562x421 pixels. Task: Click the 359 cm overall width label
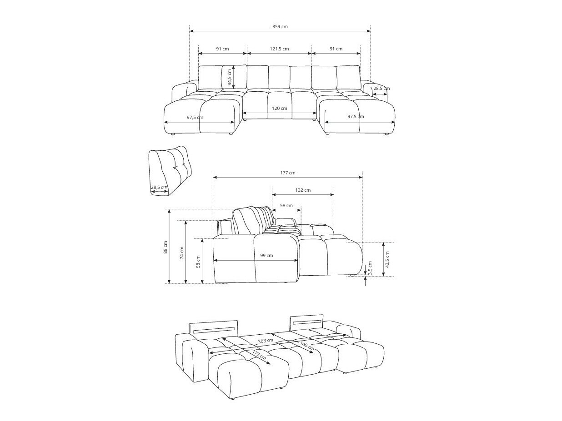(280, 27)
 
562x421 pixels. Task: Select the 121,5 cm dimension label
(279, 49)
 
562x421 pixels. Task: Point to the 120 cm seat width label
(279, 109)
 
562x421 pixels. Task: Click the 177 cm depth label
(287, 173)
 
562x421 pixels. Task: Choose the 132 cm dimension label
(303, 190)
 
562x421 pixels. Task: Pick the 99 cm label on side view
(266, 256)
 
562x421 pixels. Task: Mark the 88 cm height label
(166, 247)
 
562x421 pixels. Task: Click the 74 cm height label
(182, 253)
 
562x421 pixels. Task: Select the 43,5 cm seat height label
(387, 259)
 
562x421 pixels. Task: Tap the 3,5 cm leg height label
(370, 268)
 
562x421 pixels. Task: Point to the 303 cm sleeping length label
(266, 341)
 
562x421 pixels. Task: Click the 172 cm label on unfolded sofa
(259, 354)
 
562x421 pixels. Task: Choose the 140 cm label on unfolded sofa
(307, 347)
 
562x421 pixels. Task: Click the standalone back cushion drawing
(170, 170)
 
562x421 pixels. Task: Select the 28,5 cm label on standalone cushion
(159, 187)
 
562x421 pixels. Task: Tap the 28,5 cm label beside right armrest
(381, 89)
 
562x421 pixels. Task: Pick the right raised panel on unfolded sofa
(307, 321)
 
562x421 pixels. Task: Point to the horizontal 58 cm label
(286, 206)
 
